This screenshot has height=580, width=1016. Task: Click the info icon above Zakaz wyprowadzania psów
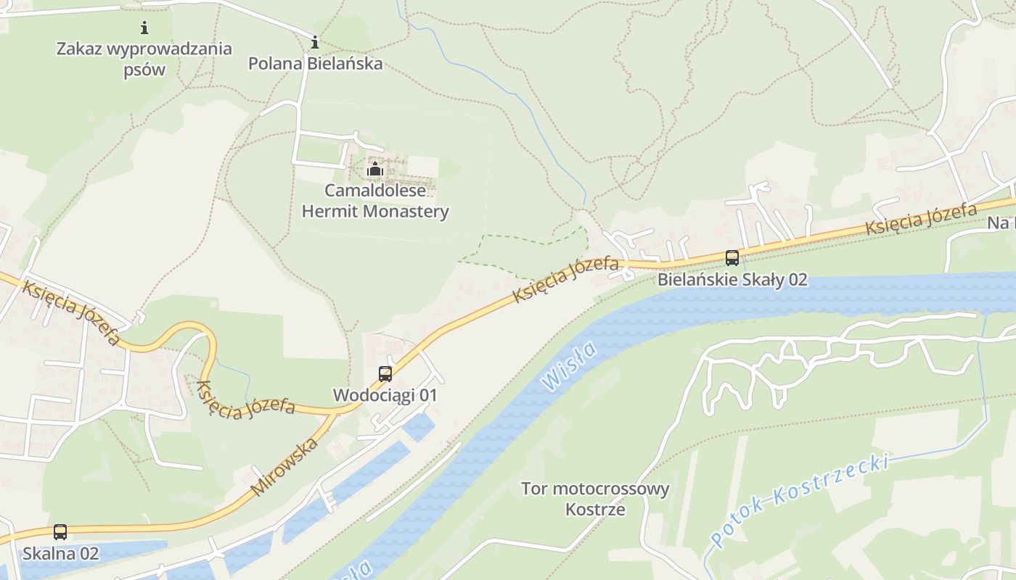point(144,28)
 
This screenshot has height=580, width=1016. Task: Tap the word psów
point(144,70)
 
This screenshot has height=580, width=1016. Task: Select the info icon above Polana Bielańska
point(315,43)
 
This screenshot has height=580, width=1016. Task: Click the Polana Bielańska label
point(315,64)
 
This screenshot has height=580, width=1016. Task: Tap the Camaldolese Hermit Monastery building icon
point(374,170)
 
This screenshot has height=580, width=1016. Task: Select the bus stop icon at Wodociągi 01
point(385,374)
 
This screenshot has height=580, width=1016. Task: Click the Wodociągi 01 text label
point(385,395)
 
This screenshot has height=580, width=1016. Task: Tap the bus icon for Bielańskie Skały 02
point(732,258)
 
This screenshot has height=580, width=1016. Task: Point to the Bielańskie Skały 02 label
point(732,280)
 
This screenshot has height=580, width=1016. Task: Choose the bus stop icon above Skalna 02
point(60,532)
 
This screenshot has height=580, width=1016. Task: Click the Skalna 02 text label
point(60,553)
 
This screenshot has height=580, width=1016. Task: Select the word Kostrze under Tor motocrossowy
point(595,509)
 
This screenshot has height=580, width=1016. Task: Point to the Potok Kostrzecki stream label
point(800,500)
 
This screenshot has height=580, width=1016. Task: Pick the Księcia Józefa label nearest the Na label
point(920,218)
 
